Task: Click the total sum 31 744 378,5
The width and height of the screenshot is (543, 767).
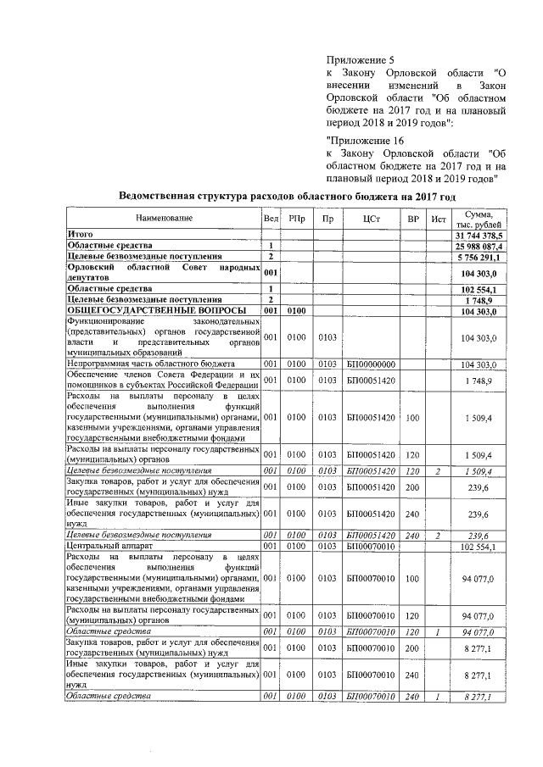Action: [479, 234]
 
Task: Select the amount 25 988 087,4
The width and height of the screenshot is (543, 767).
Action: [481, 244]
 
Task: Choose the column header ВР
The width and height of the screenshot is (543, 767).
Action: [413, 219]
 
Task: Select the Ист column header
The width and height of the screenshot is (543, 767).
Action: [438, 219]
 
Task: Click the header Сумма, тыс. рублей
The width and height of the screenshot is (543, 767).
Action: [479, 219]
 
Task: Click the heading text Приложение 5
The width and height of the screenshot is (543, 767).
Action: [361, 61]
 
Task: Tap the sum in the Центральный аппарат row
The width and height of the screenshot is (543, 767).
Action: [481, 547]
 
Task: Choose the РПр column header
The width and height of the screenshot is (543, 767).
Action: [297, 219]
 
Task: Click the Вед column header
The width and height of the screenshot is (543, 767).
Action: [271, 219]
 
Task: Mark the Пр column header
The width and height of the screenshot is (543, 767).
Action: [327, 219]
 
